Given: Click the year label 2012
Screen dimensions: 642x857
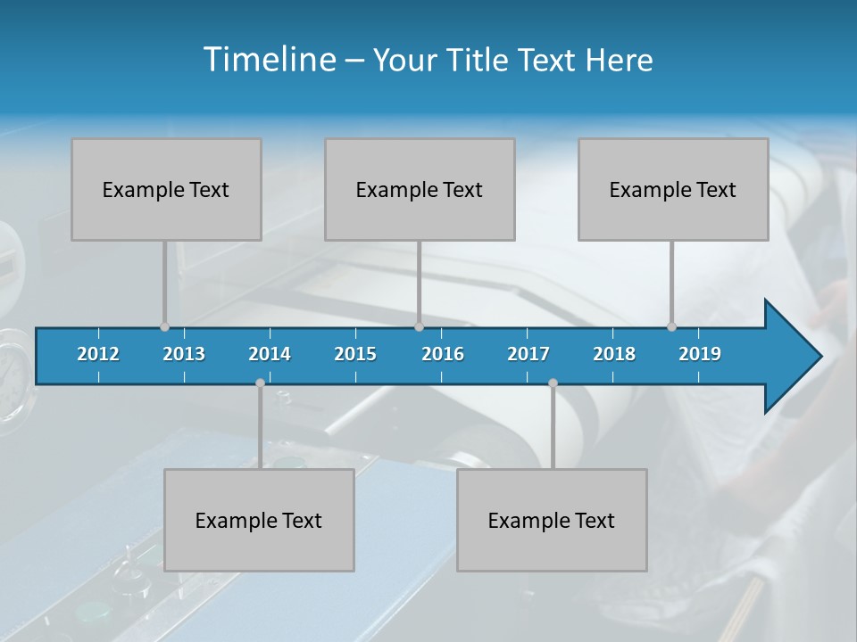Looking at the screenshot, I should [98, 354].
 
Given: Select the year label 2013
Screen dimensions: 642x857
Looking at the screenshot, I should [184, 354].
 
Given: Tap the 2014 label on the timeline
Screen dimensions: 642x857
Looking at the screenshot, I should [270, 354].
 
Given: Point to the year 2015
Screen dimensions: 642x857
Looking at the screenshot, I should [355, 354].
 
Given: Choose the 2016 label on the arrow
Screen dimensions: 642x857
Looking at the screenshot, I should [443, 354].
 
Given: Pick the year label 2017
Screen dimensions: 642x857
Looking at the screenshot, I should [528, 354].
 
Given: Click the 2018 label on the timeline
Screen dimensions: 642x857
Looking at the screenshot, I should [614, 354].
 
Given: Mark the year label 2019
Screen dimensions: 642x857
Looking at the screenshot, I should [700, 354].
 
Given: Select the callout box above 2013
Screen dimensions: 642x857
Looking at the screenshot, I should [166, 189].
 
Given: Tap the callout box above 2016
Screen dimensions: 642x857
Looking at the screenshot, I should [420, 189].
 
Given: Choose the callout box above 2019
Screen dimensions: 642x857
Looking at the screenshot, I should [673, 189].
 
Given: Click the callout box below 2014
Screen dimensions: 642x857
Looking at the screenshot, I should [259, 520].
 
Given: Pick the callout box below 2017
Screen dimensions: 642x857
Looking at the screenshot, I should [552, 520].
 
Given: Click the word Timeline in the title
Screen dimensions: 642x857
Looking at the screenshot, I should [268, 59].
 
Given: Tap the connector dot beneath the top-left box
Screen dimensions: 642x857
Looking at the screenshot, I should [164, 326].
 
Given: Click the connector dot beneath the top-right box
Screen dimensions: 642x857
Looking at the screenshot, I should [671, 326].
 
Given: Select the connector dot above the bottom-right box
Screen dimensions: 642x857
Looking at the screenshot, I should [553, 383].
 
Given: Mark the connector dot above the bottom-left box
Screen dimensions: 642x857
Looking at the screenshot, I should [260, 383].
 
